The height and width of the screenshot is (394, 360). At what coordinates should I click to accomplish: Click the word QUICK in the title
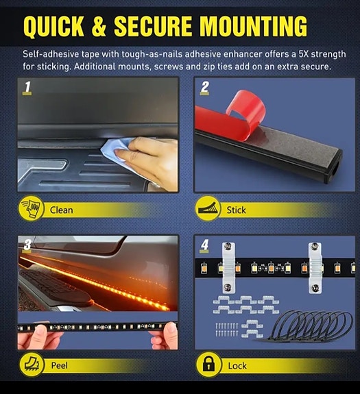53,26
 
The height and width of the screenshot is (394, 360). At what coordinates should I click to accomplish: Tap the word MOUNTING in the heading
254,26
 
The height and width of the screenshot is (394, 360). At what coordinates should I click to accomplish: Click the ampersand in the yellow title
99,26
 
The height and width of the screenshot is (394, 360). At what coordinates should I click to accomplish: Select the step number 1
27,87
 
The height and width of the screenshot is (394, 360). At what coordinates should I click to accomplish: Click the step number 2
205,87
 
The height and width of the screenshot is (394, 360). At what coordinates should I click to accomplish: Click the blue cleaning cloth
115,150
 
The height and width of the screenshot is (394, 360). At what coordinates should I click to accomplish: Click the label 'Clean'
61,210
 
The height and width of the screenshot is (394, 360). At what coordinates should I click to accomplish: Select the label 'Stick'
236,210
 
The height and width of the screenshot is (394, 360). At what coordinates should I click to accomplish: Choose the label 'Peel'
60,365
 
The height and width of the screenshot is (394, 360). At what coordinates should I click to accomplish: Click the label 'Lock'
237,366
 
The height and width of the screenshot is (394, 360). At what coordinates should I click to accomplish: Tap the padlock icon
208,364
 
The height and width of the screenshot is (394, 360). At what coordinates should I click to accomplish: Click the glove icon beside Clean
31,208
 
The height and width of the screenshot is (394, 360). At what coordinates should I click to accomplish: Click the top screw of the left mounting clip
228,247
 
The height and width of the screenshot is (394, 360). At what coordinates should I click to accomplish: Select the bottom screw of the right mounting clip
315,288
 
